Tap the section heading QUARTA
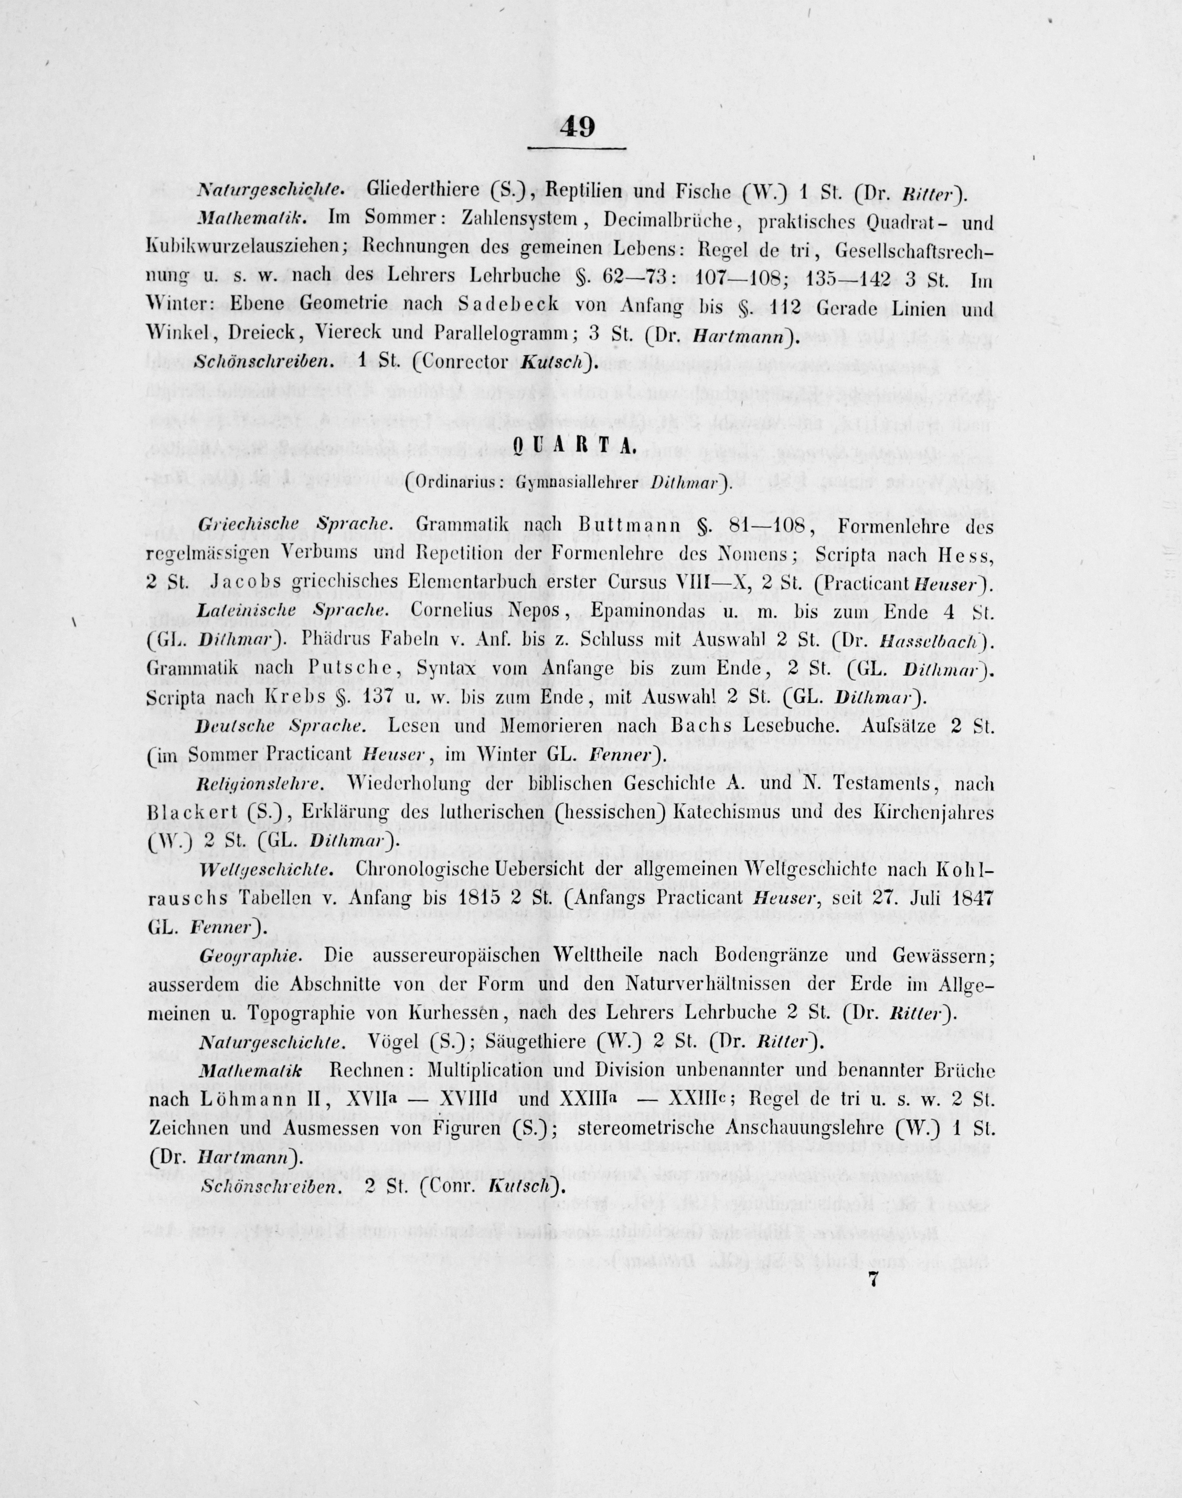574,448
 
